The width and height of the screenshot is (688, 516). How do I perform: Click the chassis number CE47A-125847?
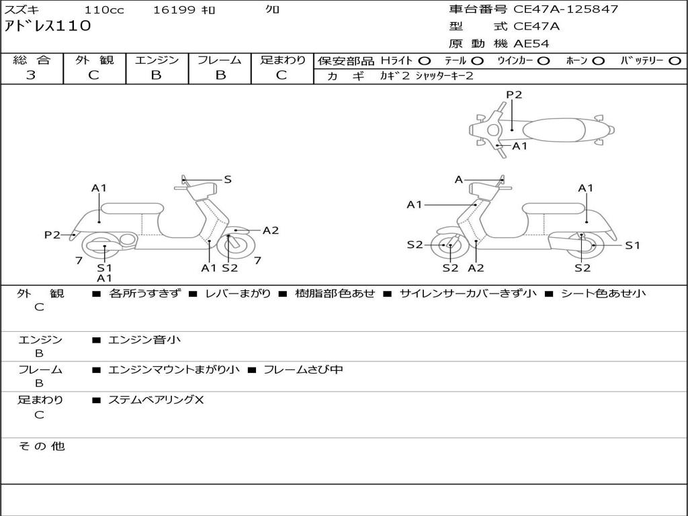[x=566, y=9]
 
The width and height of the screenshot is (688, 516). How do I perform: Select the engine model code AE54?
[x=531, y=44]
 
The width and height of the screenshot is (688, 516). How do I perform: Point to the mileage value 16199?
[x=174, y=10]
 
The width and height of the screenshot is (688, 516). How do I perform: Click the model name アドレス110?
[x=48, y=27]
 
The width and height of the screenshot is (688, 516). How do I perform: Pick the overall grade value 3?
[x=31, y=75]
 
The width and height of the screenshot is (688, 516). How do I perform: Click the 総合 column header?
[x=32, y=60]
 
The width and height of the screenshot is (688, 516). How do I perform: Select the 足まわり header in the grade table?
[x=283, y=60]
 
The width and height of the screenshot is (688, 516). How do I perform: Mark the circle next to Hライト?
[x=425, y=60]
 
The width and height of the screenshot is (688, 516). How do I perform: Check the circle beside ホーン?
[x=599, y=60]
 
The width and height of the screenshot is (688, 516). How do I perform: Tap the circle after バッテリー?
[x=675, y=60]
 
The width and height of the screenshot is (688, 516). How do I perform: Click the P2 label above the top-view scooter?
[x=514, y=95]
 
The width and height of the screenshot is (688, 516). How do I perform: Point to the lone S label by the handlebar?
[x=228, y=179]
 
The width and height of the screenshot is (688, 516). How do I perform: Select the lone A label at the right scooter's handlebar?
[x=459, y=179]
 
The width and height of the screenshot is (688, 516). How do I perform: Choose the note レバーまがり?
[x=238, y=294]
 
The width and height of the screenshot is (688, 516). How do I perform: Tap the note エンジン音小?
[x=144, y=340]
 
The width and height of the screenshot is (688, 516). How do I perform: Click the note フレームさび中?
[x=303, y=370]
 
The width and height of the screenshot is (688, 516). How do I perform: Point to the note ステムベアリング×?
[x=156, y=400]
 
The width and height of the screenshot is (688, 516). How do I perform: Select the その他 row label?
[x=42, y=446]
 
